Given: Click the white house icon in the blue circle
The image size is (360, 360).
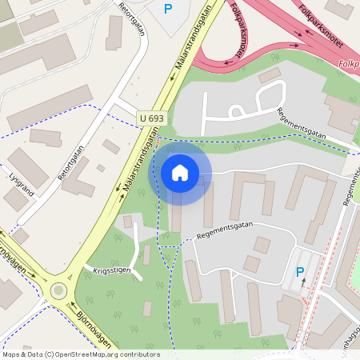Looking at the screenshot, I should [x=180, y=172].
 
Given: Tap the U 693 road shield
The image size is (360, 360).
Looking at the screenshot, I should [x=151, y=118].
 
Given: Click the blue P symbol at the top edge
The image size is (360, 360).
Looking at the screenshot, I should [x=168, y=9].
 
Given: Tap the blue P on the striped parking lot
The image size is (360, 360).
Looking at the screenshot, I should [x=300, y=272].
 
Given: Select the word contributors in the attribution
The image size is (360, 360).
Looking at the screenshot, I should [x=138, y=354].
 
